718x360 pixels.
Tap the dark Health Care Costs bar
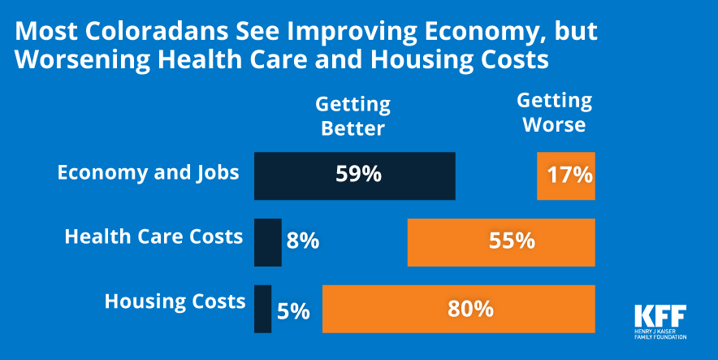coord(267,242)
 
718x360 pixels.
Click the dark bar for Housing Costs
coord(262,309)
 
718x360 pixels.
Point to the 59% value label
coord(358,175)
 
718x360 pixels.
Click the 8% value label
coord(302,241)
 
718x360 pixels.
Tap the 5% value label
coord(292,310)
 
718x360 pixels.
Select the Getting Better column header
coord(353,116)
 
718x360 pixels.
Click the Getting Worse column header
coord(554,113)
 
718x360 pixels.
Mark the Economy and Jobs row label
coord(148,172)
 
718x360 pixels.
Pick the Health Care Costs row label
coord(154,236)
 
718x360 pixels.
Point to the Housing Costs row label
coord(175,301)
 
